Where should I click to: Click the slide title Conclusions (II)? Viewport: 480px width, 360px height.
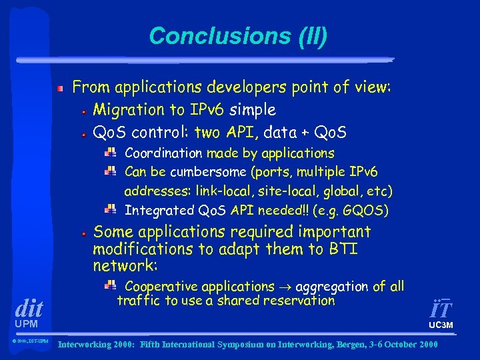tap(238, 36)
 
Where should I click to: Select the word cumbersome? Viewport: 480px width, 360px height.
tap(206, 172)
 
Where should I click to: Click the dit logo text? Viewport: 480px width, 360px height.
tap(29, 309)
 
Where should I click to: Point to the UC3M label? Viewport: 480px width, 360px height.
tap(441, 325)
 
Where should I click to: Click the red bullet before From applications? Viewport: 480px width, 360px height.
tap(60, 88)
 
